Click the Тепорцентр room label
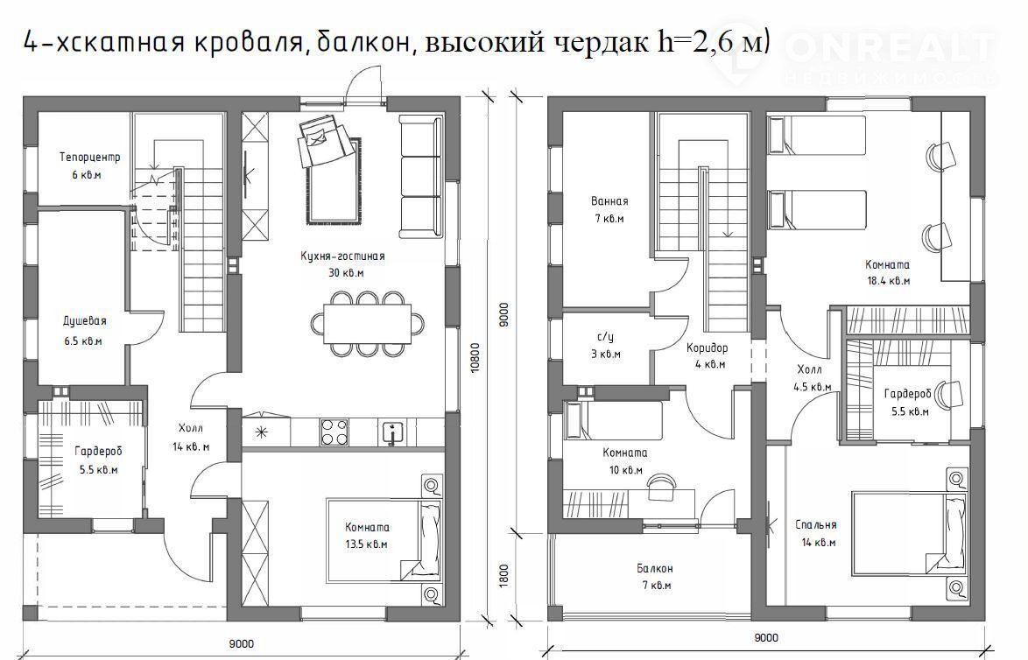pyautogui.click(x=90, y=158)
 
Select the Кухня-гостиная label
pyautogui.click(x=342, y=256)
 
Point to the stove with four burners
pyautogui.click(x=334, y=432)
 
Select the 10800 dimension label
pyautogui.click(x=475, y=358)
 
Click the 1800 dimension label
pyautogui.click(x=503, y=576)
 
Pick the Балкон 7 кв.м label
pyautogui.click(x=654, y=577)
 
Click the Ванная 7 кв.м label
pyautogui.click(x=609, y=210)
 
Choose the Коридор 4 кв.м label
pyautogui.click(x=707, y=356)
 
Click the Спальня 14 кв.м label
pyautogui.click(x=815, y=533)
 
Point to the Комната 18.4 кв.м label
pyautogui.click(x=887, y=272)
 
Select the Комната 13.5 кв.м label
pyautogui.click(x=367, y=536)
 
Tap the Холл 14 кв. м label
pyautogui.click(x=191, y=437)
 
